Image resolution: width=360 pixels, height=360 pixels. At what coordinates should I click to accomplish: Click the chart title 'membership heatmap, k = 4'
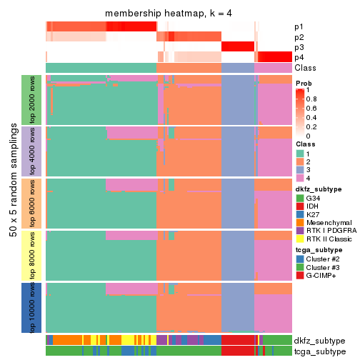point(169,14)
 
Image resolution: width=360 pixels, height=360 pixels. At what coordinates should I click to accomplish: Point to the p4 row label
point(299,57)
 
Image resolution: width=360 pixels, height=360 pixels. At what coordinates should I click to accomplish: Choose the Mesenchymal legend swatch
point(300,221)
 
